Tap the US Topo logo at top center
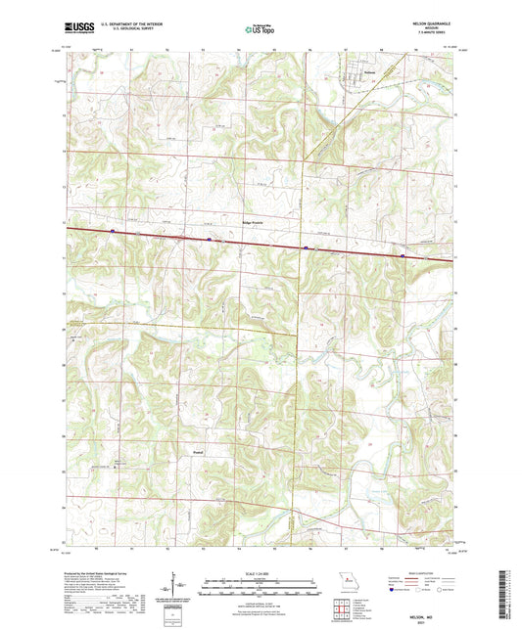[260, 30]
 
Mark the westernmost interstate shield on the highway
[113, 232]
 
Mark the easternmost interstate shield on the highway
[403, 255]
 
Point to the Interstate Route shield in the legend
[394, 590]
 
